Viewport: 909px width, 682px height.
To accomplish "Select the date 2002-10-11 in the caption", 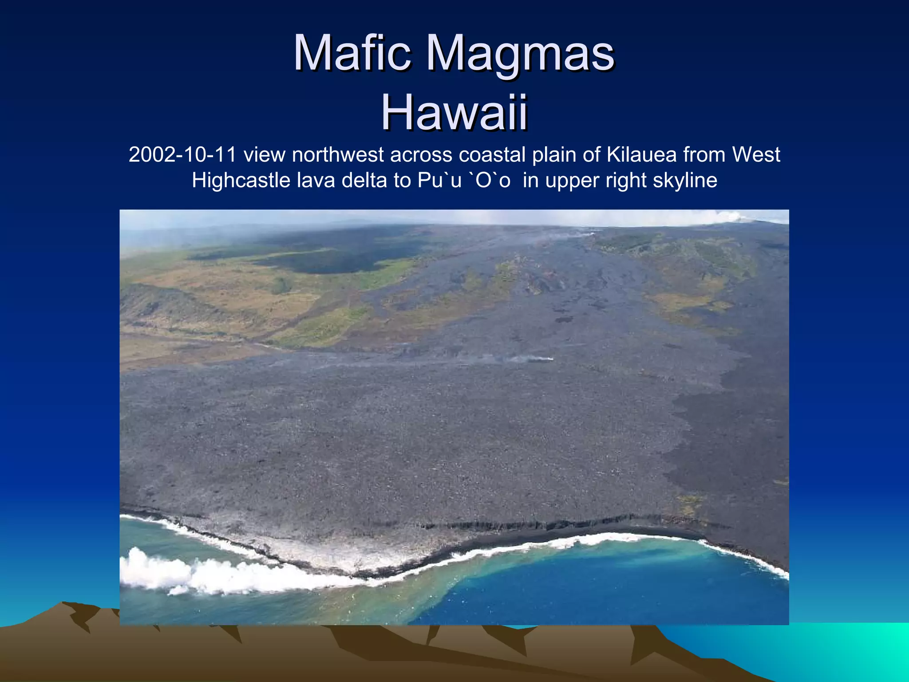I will click(182, 155).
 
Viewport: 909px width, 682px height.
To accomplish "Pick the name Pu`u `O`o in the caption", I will click(464, 181).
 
